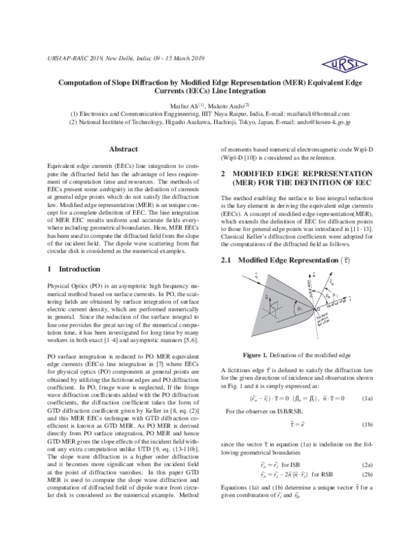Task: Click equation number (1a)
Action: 367,397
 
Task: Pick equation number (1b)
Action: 367,424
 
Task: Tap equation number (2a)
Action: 367,463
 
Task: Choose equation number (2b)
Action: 367,474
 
